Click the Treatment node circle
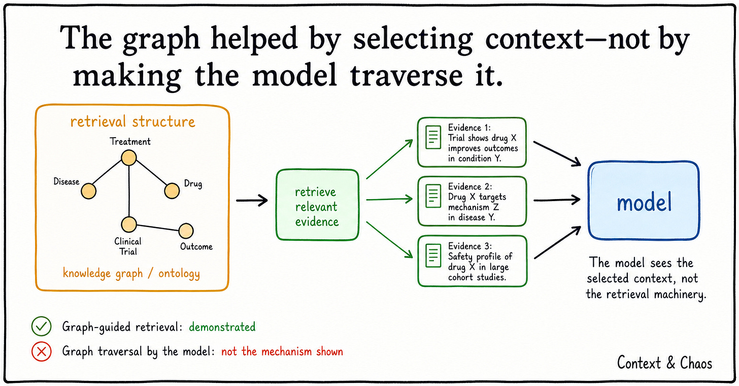(129, 158)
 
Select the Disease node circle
(88, 191)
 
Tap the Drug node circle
(172, 191)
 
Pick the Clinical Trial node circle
(129, 224)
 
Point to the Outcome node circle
(186, 231)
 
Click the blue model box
(644, 201)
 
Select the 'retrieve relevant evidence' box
(317, 205)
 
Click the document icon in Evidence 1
(433, 137)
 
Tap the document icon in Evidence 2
(433, 196)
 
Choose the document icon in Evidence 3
(433, 255)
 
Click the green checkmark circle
(41, 326)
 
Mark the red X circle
(41, 351)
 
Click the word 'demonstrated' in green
(222, 327)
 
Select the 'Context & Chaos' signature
(664, 363)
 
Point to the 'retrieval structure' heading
(132, 121)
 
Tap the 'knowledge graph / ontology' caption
(131, 273)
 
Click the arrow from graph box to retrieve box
(252, 200)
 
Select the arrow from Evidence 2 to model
(557, 200)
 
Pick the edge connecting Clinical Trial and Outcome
(157, 228)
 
